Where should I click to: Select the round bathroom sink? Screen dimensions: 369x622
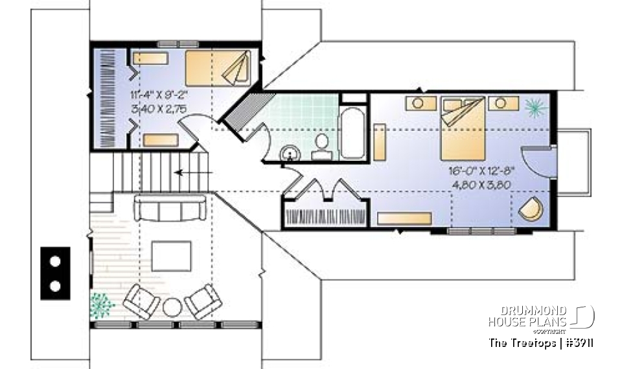point(291,153)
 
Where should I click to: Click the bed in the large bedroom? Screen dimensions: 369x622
point(463,128)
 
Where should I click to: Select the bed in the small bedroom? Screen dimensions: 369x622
point(218,67)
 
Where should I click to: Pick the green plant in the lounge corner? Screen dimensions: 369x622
point(100,304)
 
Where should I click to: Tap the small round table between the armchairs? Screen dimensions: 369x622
point(172,307)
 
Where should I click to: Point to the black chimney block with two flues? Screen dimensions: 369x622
point(56,272)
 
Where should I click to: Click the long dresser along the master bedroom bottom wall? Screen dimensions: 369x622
point(404,218)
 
